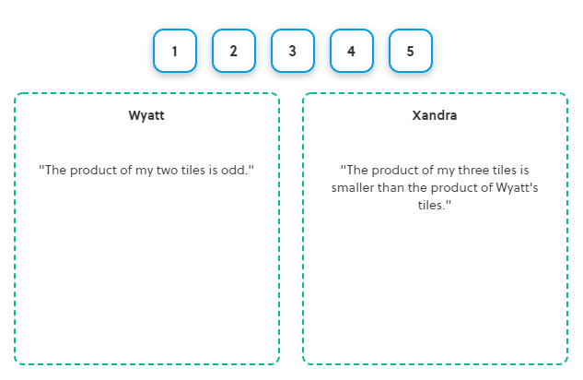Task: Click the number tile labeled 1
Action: click(x=175, y=51)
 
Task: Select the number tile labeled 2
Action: click(x=234, y=51)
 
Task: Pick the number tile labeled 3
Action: click(x=293, y=51)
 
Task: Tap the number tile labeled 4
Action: click(x=352, y=51)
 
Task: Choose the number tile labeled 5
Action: click(x=411, y=51)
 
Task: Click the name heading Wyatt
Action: click(x=146, y=115)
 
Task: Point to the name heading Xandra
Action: click(x=435, y=115)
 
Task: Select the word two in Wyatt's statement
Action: click(x=167, y=170)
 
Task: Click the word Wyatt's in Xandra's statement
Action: click(x=518, y=188)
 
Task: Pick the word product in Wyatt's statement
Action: click(x=93, y=171)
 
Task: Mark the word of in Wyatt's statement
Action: click(x=126, y=170)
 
